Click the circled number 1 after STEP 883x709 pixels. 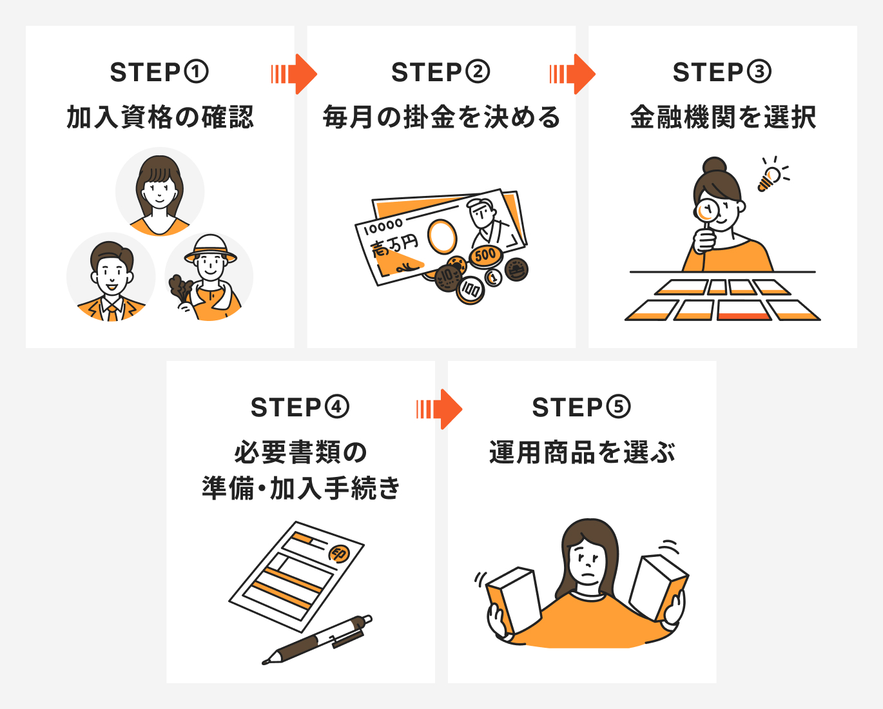[x=197, y=72]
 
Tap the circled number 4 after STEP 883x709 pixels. [x=337, y=407]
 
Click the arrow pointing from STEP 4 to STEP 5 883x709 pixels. [x=440, y=409]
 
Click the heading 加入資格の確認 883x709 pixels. [x=160, y=117]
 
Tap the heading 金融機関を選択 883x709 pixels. [x=723, y=117]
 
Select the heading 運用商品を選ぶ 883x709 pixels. [x=582, y=452]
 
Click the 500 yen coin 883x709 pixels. [x=485, y=255]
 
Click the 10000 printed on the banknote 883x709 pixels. [x=383, y=226]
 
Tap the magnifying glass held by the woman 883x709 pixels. [x=708, y=211]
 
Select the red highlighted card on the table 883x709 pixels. [x=744, y=311]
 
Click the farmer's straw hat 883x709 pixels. [x=210, y=248]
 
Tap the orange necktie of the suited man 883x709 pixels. [x=112, y=313]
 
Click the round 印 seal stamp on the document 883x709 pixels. [x=339, y=554]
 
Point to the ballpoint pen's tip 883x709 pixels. [x=265, y=661]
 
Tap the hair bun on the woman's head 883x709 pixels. [x=714, y=165]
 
